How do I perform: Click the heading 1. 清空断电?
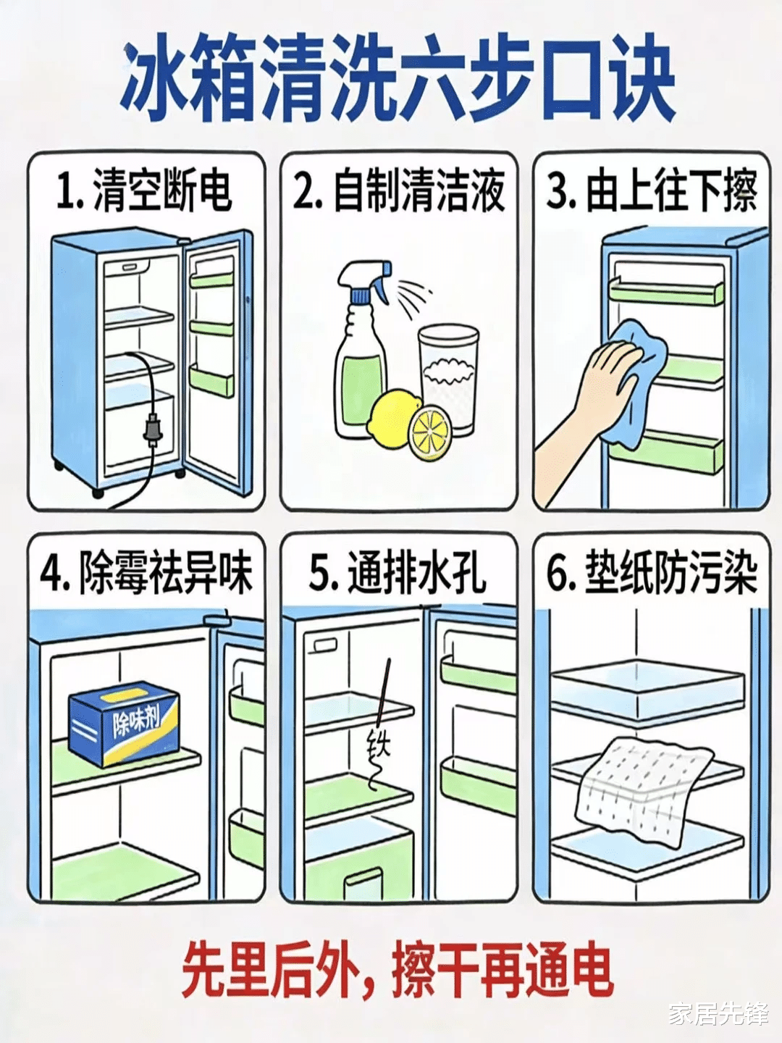[144, 193]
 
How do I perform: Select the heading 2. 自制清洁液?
[398, 193]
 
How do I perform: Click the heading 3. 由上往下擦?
[652, 193]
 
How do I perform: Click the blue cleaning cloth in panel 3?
[636, 380]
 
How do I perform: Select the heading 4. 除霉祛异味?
[145, 574]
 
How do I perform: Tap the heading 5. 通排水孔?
[398, 574]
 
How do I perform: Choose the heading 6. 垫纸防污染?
[652, 574]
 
